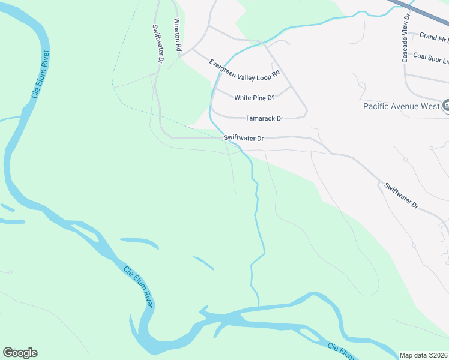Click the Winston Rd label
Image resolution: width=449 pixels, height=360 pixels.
point(177,37)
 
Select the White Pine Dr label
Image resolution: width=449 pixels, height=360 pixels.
point(254,98)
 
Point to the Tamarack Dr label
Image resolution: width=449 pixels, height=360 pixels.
point(264,119)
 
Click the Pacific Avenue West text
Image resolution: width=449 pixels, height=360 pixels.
point(402,106)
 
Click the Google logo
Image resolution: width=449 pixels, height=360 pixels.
point(20,353)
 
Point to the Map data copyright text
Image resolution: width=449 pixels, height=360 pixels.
point(424,355)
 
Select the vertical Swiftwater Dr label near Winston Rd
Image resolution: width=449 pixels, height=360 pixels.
point(158,44)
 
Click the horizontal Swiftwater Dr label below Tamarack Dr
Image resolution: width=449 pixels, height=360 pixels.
point(244,139)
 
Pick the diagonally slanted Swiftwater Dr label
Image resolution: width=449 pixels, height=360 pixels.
point(402,195)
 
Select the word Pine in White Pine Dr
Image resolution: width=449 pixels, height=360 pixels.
point(260,98)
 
